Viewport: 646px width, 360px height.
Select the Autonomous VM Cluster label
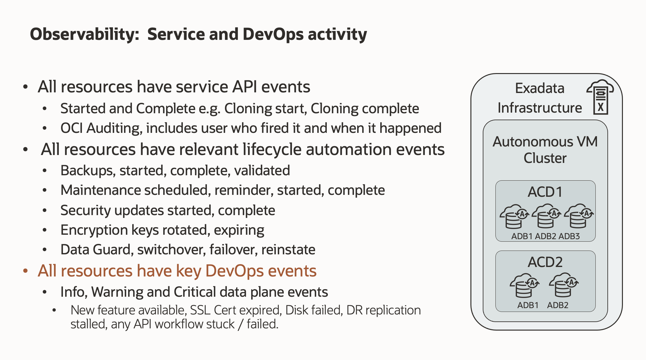click(x=545, y=150)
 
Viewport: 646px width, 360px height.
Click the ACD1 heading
click(x=545, y=192)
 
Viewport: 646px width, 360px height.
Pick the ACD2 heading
click(x=545, y=262)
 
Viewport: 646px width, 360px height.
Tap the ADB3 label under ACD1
click(x=569, y=236)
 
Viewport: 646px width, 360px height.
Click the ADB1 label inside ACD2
click(x=528, y=305)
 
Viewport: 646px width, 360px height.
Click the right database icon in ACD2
click(x=563, y=285)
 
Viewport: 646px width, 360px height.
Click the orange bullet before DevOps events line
click(x=26, y=271)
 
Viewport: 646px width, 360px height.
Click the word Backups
click(x=88, y=171)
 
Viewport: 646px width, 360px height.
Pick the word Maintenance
click(x=101, y=190)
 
